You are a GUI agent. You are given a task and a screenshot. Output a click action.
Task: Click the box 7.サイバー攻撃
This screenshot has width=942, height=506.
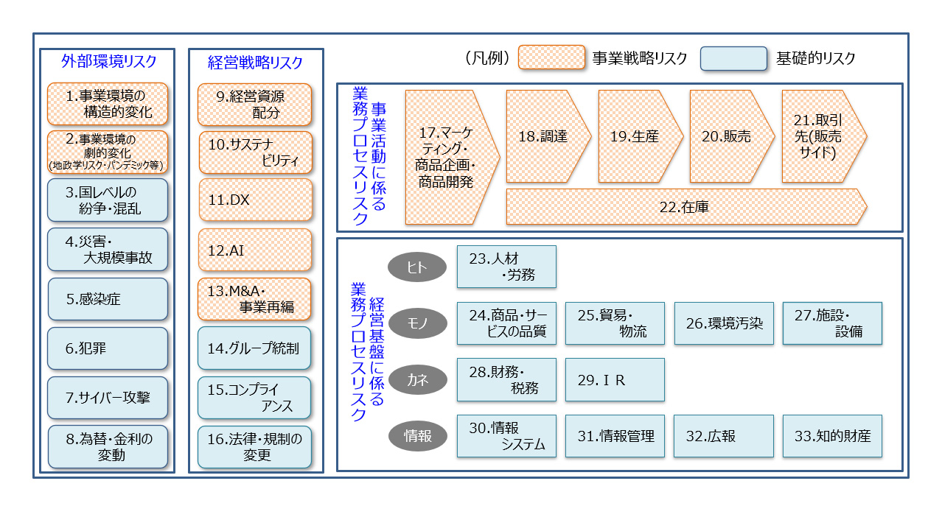[108, 398]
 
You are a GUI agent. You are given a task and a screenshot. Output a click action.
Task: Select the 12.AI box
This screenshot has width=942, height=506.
[254, 250]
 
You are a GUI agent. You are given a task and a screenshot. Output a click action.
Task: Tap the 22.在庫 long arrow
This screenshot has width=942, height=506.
[685, 206]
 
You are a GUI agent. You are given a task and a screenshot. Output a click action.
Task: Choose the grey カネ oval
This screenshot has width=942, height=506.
[416, 380]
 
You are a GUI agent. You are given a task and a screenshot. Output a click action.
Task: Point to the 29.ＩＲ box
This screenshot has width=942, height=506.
[615, 380]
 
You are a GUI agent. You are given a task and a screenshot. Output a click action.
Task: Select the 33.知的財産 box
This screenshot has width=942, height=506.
[832, 436]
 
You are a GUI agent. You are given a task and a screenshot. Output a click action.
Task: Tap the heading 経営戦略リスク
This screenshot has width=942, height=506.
[255, 63]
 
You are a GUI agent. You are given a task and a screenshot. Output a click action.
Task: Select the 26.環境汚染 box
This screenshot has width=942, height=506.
[724, 323]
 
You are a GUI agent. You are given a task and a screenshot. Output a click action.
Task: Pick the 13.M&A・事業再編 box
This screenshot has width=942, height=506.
[254, 299]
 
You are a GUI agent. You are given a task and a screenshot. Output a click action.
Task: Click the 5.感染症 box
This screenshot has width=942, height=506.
[108, 299]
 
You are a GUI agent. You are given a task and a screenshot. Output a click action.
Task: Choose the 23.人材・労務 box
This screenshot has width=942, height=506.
[506, 267]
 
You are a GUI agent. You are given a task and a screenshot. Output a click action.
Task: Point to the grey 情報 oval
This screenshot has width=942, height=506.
[416, 436]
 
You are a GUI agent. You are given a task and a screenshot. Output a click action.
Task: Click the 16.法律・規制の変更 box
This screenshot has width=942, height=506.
[254, 447]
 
